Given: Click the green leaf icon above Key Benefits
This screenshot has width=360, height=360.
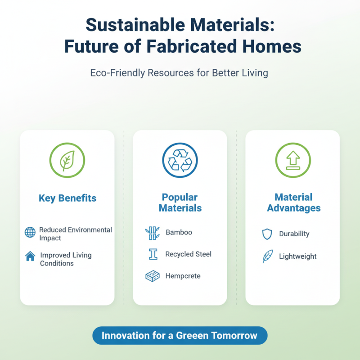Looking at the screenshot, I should pos(67,161).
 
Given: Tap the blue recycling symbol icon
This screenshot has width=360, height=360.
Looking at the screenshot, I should pos(180,161).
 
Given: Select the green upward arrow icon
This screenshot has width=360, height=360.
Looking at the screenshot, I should pos(292,161).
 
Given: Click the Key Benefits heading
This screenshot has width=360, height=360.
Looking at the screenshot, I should pos(67,198).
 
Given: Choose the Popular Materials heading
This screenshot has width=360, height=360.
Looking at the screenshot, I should pos(180,202).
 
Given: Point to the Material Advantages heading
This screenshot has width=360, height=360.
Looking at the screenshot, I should pos(293,202).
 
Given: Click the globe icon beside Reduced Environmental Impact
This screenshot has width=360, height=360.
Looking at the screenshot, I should pos(30,233).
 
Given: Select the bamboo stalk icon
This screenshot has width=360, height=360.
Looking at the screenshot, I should pos(153,233).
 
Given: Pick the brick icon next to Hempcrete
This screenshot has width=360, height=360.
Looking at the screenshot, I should pos(153,276).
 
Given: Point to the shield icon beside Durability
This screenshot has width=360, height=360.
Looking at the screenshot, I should pos(267,234).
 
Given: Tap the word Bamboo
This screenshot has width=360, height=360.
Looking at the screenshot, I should pos(179,233).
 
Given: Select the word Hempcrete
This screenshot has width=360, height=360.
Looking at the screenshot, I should pos(183,276).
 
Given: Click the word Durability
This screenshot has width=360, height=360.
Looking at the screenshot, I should pos(294,234).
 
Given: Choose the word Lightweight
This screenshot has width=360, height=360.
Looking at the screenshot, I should pos(297,256).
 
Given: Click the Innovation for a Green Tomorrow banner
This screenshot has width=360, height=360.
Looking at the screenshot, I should pos(180,336).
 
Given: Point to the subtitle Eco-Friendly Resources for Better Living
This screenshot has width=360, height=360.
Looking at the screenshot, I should pos(180,72).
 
